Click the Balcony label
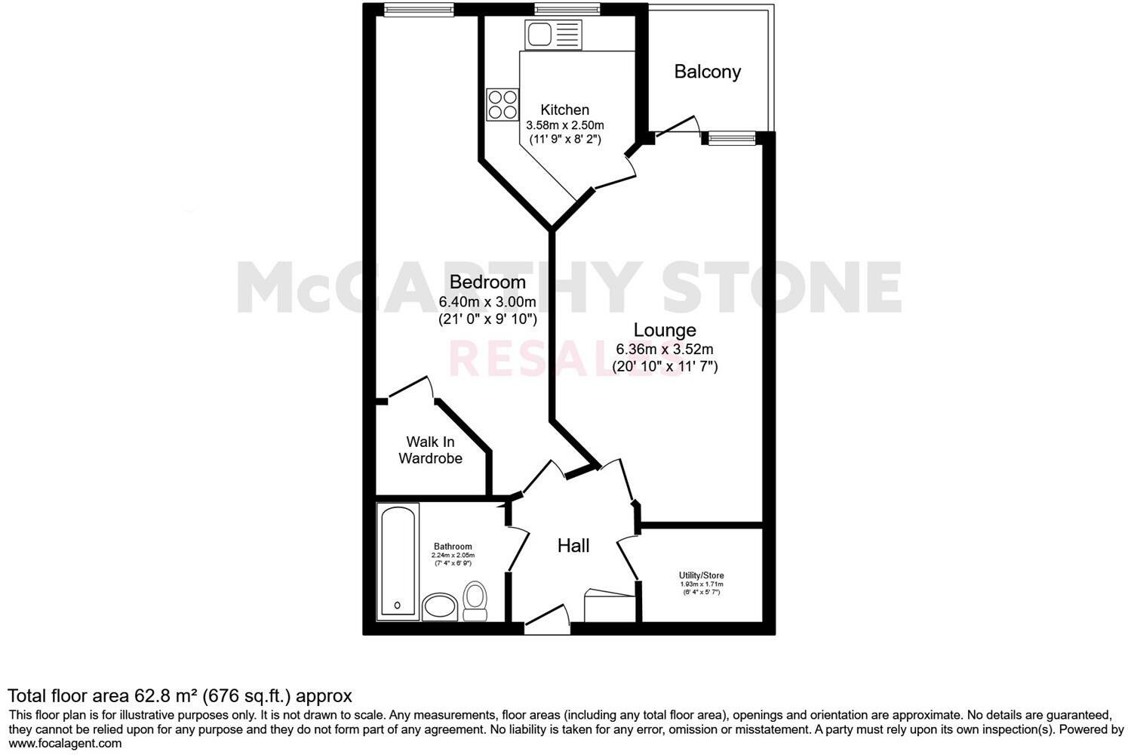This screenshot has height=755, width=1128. click(x=707, y=72)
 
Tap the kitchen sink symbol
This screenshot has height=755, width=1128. click(x=554, y=35)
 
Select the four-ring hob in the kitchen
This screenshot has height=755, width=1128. click(x=503, y=104)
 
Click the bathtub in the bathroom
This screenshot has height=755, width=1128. click(x=397, y=560)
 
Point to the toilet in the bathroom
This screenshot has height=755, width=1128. click(x=475, y=600)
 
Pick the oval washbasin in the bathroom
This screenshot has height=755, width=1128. click(x=439, y=606)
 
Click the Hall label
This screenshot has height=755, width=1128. click(x=573, y=546)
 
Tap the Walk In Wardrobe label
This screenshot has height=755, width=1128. click(x=430, y=450)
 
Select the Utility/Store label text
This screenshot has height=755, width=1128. click(x=701, y=575)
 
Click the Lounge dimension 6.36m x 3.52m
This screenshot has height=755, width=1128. click(x=664, y=350)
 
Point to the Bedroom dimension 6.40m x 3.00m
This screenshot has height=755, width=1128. click(x=487, y=302)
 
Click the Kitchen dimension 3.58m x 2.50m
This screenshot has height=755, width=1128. click(x=564, y=125)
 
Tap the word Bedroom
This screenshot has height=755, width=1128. click(x=487, y=282)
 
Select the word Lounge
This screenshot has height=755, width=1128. click(x=664, y=330)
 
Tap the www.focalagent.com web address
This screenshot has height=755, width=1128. click(x=65, y=743)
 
